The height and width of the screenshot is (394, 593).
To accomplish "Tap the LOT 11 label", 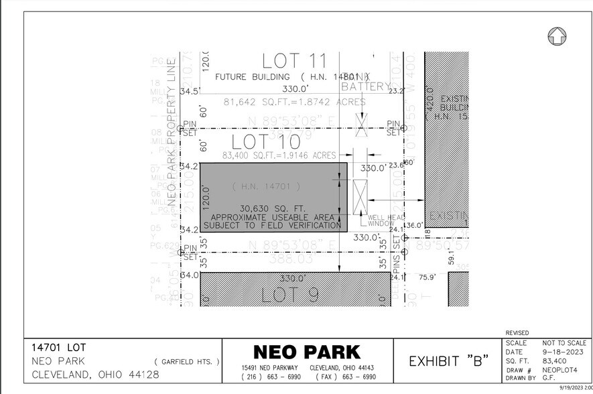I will [289, 62].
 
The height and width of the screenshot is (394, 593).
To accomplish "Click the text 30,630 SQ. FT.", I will [273, 208].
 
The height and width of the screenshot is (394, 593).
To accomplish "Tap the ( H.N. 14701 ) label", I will [266, 186].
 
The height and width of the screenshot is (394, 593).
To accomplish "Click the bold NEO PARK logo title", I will [306, 352].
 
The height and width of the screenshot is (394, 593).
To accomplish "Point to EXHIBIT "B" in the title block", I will [448, 360].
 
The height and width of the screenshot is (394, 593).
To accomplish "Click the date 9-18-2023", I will [564, 352].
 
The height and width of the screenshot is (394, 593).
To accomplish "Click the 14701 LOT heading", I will [59, 348].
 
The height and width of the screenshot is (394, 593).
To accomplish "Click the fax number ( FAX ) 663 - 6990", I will [340, 377].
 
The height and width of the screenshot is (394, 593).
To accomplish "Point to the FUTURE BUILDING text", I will [253, 77].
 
